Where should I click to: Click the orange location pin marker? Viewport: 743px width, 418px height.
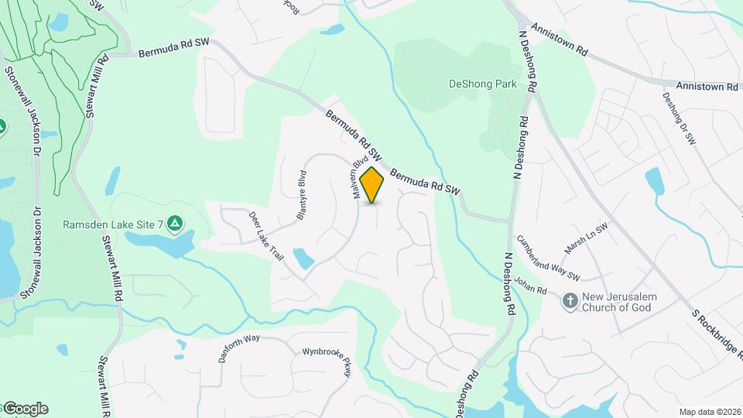coord(372,184)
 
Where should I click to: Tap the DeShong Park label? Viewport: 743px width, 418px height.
coord(482,84)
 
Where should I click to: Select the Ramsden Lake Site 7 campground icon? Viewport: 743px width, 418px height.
coord(176,224)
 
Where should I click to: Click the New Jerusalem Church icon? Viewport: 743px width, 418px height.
coord(570,301)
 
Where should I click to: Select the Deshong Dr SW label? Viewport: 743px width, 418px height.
coord(680,118)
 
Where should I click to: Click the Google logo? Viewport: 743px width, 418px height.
coord(25,408)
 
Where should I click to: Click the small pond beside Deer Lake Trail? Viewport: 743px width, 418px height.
coord(303,258)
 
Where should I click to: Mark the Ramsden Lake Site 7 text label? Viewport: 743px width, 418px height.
coord(113,224)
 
